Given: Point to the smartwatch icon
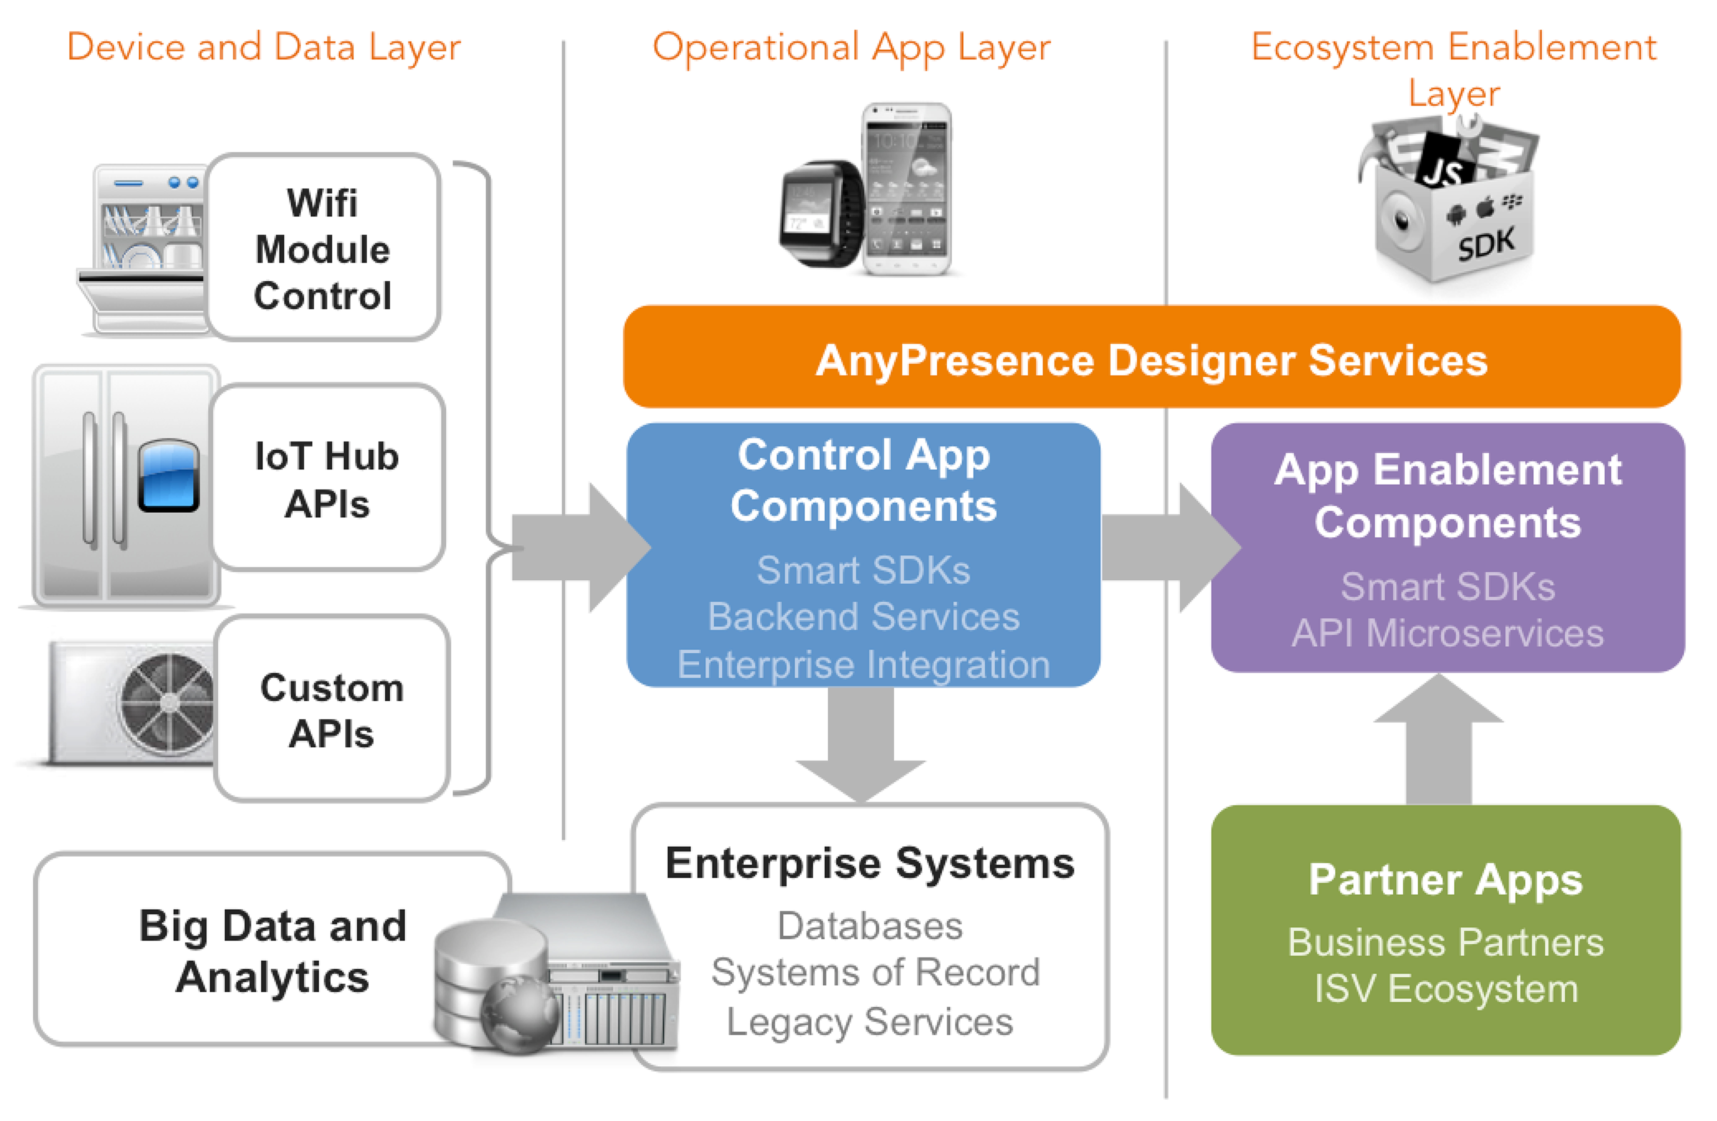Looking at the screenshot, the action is click(x=822, y=214).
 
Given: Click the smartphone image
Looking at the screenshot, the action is click(x=907, y=189).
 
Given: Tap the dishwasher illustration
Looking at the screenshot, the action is click(x=144, y=249).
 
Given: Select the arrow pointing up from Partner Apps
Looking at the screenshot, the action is click(x=1438, y=740).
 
